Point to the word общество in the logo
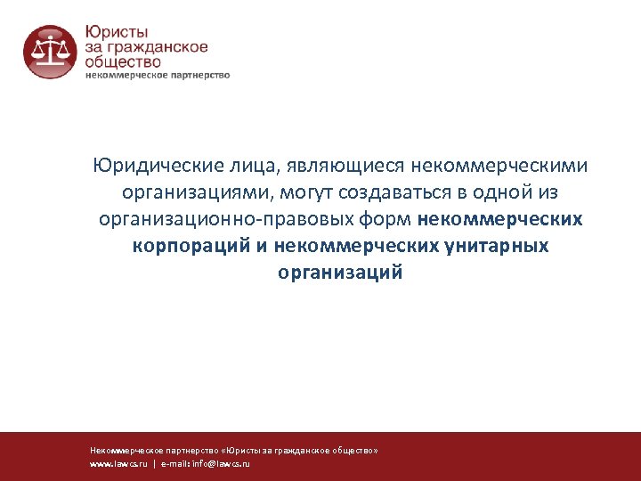click(x=124, y=62)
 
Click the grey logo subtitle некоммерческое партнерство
click(x=158, y=76)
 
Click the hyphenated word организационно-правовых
click(x=210, y=219)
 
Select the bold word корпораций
click(x=191, y=246)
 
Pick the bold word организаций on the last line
click(x=340, y=273)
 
